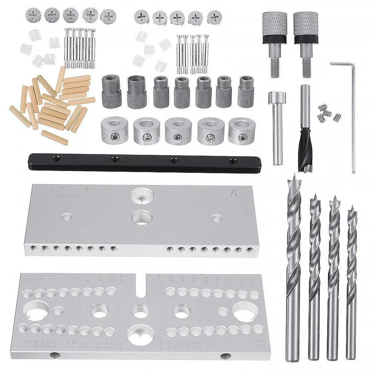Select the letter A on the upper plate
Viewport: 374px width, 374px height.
click(234, 193)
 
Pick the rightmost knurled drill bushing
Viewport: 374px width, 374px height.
click(246, 92)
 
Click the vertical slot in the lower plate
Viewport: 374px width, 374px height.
click(141, 284)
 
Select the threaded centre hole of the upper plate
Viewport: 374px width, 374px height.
click(142, 217)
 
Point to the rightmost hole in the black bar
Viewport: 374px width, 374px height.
click(233, 161)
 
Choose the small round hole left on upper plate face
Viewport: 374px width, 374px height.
click(67, 217)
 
